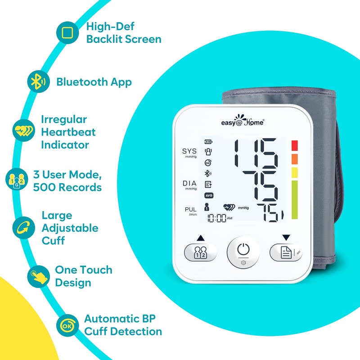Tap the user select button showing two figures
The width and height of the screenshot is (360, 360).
click(200, 252)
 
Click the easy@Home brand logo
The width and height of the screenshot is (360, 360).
click(243, 122)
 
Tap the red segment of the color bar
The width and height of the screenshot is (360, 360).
click(294, 146)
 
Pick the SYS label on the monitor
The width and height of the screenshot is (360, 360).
click(189, 151)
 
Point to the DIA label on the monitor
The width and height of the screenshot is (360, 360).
click(189, 184)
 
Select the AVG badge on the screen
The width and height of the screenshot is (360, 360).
click(208, 196)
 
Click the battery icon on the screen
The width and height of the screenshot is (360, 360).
click(208, 141)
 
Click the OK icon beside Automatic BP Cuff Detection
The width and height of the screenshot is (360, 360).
click(67, 325)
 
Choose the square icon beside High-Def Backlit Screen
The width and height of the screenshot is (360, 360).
click(67, 33)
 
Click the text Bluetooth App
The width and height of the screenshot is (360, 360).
click(94, 82)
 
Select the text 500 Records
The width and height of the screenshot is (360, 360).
click(67, 187)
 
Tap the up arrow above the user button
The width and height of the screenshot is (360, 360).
click(200, 238)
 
